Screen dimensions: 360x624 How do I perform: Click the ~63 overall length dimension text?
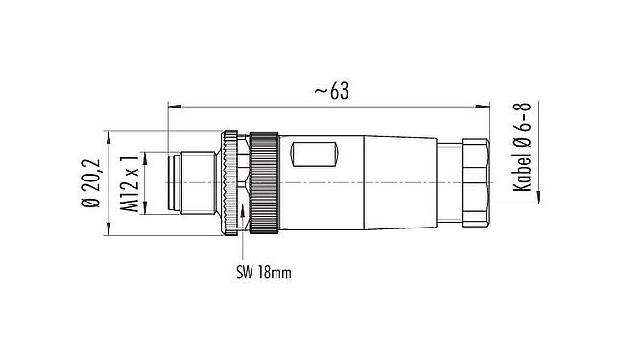pos(327,90)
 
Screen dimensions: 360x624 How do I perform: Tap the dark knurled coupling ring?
pos(264,181)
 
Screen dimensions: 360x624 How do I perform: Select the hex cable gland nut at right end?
pos(475,181)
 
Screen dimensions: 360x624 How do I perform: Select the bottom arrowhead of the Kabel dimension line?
pos(538,198)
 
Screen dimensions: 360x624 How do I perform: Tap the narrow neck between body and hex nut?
pos(448,181)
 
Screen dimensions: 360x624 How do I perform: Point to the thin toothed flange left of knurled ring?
pos(229,181)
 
